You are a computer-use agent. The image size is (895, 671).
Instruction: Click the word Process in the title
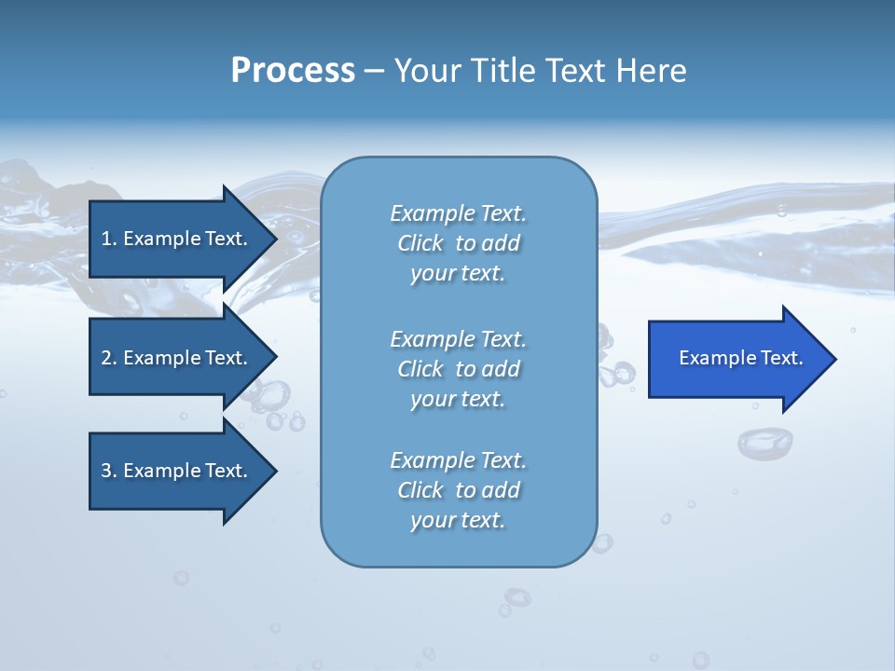coord(293,71)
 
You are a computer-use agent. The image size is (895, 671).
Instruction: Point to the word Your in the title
coord(428,71)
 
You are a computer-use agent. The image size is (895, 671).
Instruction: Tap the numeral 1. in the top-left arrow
coord(109,239)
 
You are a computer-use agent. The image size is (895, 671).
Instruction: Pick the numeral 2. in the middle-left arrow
coord(109,358)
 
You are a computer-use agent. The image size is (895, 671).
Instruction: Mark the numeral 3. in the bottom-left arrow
coord(109,471)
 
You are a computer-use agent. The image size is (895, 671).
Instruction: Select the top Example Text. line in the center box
coord(458,213)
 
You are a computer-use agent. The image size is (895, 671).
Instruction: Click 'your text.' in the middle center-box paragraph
coord(458,399)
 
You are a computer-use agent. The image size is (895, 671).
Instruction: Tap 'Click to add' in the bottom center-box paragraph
coord(458,490)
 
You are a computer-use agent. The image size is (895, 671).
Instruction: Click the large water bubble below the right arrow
coord(764,443)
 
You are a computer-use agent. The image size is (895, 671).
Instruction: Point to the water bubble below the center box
coord(516,596)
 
